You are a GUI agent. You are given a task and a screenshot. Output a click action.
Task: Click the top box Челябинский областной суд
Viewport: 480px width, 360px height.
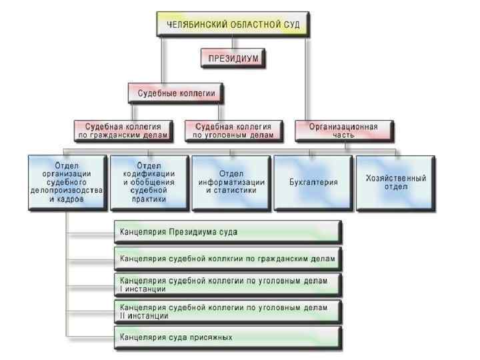(x=233, y=24)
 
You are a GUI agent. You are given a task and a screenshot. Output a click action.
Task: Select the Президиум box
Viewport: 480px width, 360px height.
(x=233, y=59)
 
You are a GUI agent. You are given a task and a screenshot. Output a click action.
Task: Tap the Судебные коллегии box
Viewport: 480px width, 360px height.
(x=176, y=94)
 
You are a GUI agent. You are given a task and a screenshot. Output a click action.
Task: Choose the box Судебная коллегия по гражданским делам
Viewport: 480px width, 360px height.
(x=122, y=130)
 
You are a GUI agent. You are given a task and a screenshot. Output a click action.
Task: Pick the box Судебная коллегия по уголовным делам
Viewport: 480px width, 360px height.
(x=233, y=130)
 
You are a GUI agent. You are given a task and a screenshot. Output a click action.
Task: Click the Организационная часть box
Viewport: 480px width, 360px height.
(x=343, y=130)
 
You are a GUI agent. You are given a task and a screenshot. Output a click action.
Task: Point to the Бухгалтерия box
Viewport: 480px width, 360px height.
(x=313, y=181)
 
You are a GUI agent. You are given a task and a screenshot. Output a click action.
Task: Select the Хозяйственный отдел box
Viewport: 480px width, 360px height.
(x=396, y=182)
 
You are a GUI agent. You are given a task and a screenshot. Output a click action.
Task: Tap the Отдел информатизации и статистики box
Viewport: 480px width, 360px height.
(x=231, y=181)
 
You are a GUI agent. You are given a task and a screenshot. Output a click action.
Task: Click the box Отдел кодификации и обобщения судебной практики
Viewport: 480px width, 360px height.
(x=149, y=181)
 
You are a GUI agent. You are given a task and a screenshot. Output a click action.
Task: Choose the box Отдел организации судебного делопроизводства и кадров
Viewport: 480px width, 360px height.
(x=67, y=181)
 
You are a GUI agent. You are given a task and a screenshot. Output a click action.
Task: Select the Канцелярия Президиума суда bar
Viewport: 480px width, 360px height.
(x=227, y=232)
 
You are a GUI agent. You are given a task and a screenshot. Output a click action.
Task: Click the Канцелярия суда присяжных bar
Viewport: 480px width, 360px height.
(x=227, y=337)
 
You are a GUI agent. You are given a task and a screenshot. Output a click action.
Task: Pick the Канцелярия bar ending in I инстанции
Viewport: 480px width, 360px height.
(x=227, y=285)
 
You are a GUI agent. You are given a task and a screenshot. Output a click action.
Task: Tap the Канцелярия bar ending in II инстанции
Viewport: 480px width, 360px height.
(x=227, y=311)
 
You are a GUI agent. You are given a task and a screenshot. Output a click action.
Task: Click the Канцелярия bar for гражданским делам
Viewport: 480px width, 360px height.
(x=227, y=258)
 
